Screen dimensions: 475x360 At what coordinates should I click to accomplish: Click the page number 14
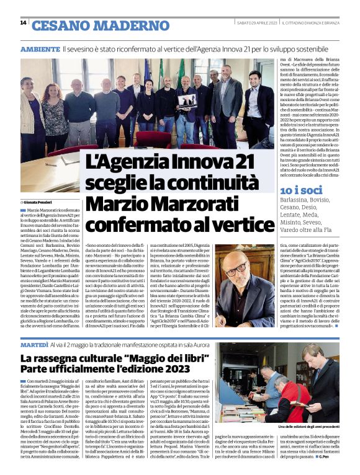(23, 23)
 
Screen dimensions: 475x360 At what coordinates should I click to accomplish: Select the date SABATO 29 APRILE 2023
(256, 23)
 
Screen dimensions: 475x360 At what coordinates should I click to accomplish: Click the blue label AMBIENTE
(40, 48)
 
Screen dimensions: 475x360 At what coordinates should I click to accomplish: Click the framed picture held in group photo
(187, 100)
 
